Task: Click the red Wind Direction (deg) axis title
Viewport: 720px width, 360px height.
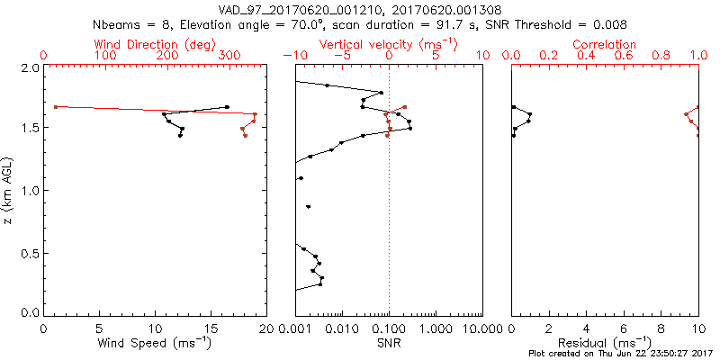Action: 155,44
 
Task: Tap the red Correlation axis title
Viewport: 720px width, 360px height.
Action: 605,44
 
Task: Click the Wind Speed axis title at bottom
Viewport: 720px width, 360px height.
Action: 155,343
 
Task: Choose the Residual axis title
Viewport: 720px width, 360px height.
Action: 605,343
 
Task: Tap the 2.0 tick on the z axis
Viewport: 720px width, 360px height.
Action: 29,68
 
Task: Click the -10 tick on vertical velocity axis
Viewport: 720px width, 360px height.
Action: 292,56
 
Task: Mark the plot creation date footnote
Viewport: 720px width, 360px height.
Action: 620,353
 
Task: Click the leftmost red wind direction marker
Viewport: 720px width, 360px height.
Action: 56,107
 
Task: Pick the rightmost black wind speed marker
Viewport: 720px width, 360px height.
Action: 227,107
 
